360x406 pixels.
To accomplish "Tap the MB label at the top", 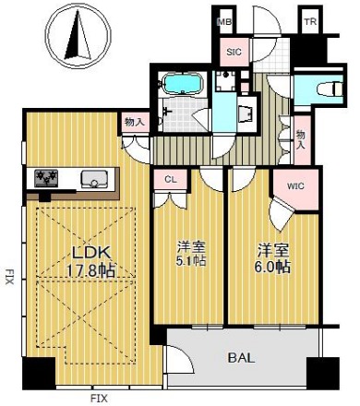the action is [224, 22].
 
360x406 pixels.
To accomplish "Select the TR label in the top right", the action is [310, 22].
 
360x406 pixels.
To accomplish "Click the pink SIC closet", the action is [234, 52].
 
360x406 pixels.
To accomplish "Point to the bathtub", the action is [183, 83].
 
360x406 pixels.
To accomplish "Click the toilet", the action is [330, 89].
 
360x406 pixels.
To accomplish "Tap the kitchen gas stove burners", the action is [46, 178].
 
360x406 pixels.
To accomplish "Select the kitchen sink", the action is [93, 179].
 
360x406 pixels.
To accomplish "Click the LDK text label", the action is [90, 253].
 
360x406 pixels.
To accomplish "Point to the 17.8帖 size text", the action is [90, 270].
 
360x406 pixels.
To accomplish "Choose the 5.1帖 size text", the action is [191, 261].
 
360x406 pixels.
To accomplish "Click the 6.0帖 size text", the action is [272, 267].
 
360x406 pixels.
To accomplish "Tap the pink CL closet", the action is [171, 179].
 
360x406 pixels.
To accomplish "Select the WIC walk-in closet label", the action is [295, 186].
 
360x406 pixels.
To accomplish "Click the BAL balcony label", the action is [241, 358].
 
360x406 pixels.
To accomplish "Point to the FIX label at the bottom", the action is [99, 399].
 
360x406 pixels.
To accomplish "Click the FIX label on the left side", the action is [9, 277].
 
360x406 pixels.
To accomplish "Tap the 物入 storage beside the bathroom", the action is [135, 122].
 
